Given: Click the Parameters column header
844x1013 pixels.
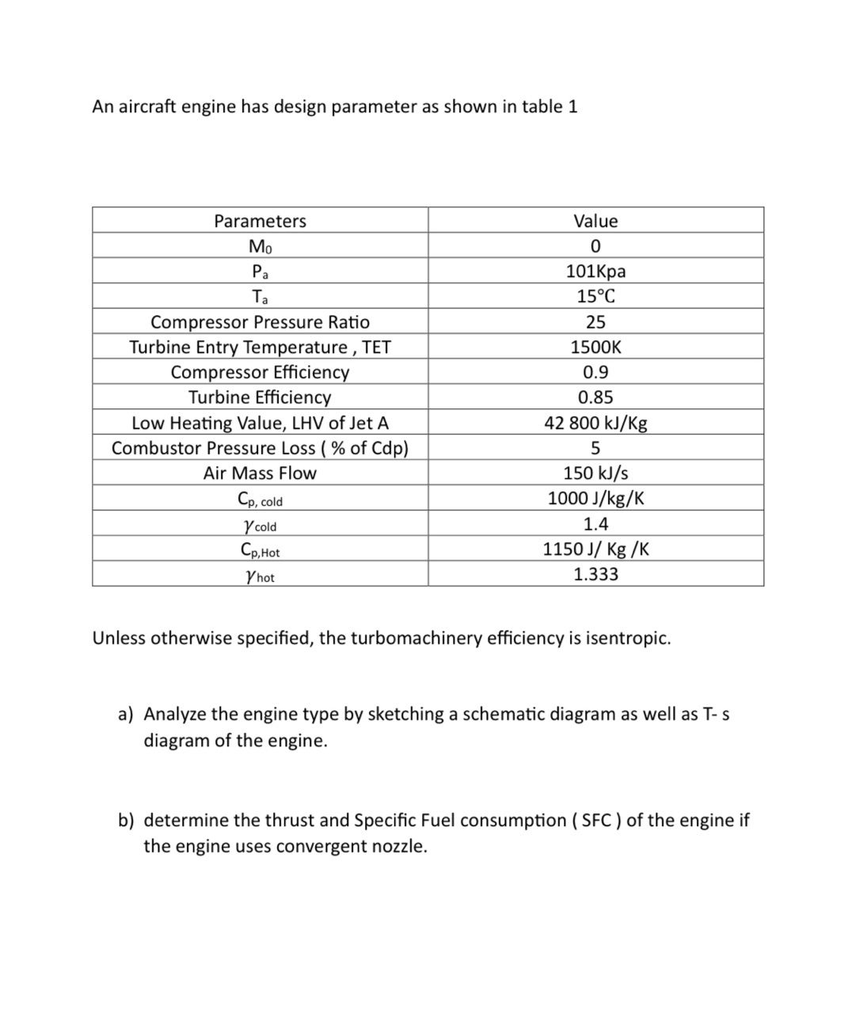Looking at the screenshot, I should [260, 221].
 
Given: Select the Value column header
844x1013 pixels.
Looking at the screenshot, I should [595, 221].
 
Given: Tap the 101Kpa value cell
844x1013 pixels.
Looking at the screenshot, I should [595, 271].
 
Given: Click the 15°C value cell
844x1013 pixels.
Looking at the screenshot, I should [595, 297].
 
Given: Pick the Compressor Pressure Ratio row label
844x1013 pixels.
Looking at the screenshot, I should [260, 322].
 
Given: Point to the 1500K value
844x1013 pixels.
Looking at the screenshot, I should [595, 347].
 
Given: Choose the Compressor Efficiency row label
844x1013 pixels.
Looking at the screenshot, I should [260, 372].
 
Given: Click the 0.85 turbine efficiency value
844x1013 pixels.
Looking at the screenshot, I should [595, 397].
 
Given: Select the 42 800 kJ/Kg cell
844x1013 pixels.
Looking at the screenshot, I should [595, 423].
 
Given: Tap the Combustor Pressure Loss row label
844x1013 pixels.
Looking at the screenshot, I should [260, 448].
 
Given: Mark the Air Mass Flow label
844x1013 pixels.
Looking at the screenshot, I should [260, 473].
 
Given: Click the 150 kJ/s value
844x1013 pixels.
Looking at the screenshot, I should [595, 473].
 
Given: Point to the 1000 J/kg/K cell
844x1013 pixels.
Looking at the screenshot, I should [595, 499].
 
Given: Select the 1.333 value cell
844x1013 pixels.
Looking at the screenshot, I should [595, 575].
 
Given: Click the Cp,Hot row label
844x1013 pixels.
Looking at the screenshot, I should [260, 550].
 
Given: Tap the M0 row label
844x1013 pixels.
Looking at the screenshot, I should [260, 247].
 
